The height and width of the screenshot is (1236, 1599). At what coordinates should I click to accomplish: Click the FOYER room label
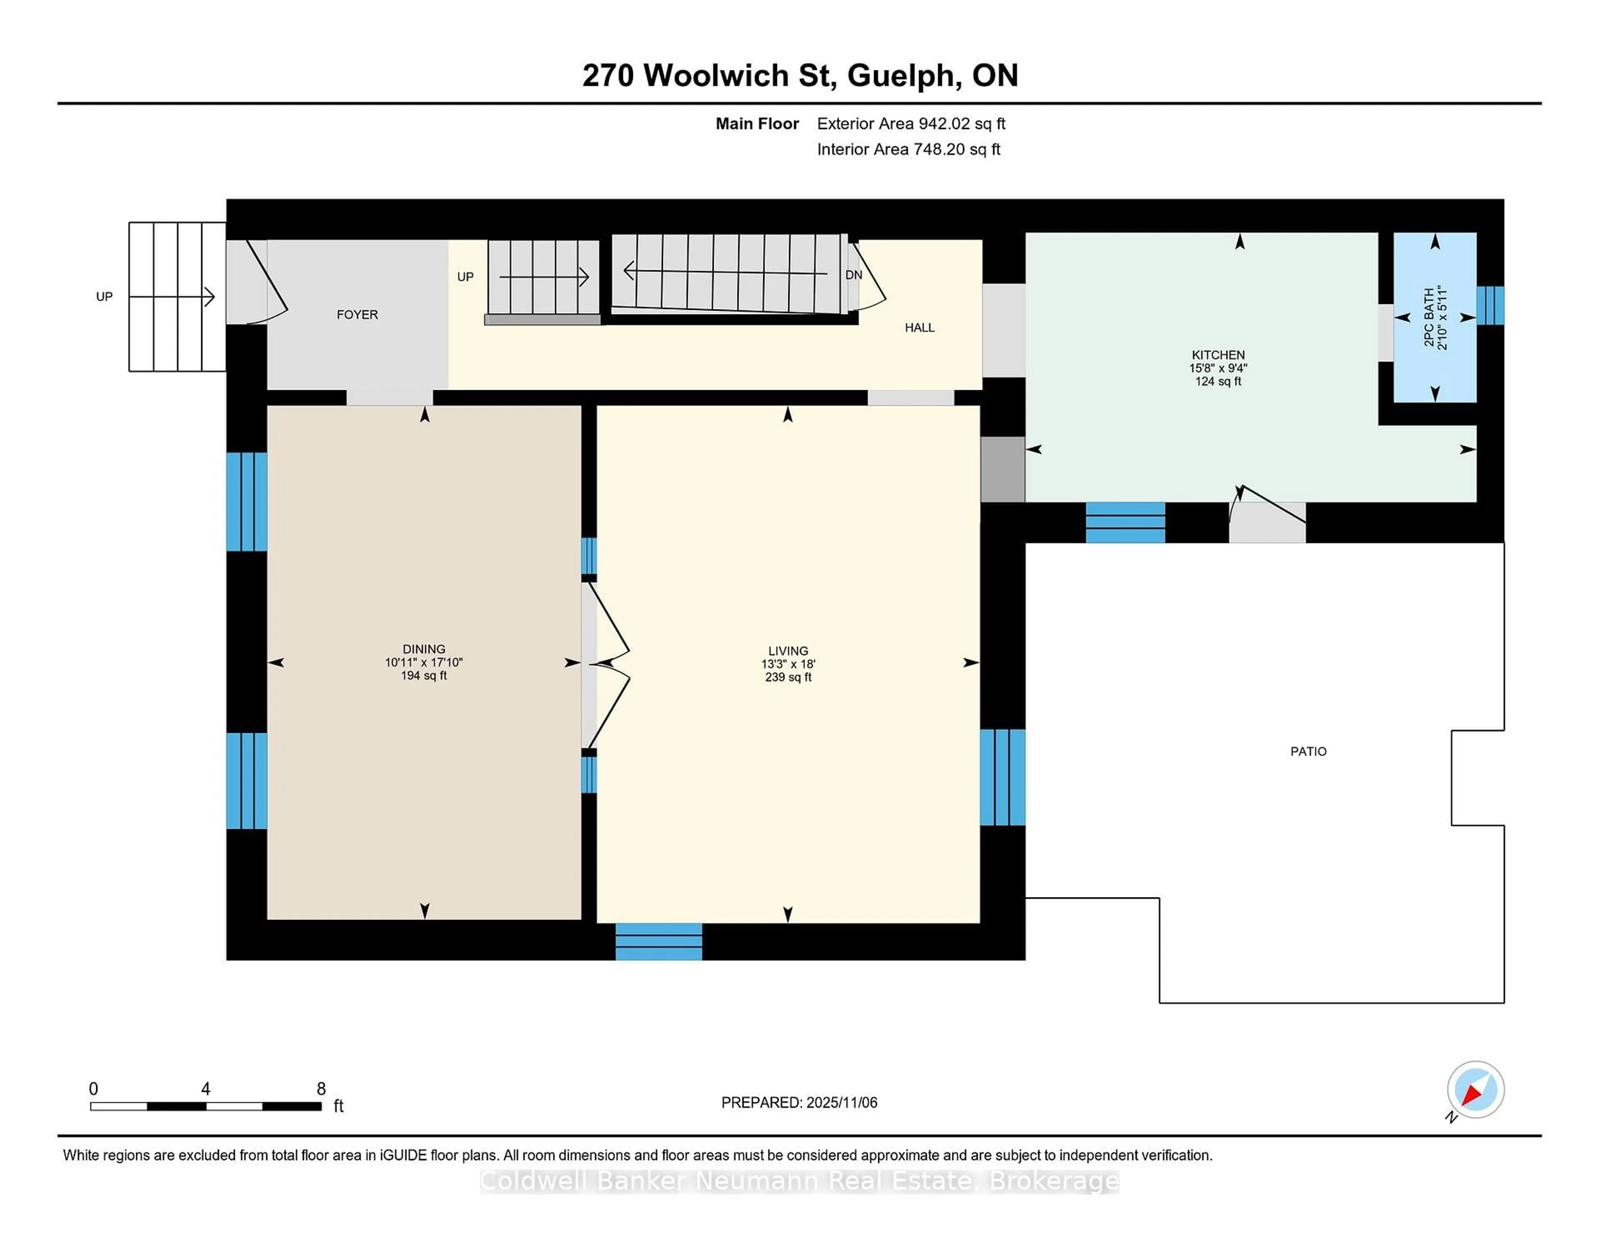[x=357, y=314]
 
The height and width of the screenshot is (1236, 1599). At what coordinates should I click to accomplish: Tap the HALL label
[x=919, y=327]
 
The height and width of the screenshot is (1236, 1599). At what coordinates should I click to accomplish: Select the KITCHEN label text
[x=1218, y=354]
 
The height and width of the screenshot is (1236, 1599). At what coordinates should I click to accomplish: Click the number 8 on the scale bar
[x=321, y=1089]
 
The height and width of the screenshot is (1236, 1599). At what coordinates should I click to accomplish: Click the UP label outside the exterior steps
[x=104, y=297]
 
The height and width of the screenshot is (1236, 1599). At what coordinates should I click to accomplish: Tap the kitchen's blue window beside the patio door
[x=1125, y=522]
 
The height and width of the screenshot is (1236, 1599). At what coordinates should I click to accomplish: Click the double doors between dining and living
[x=608, y=664]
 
